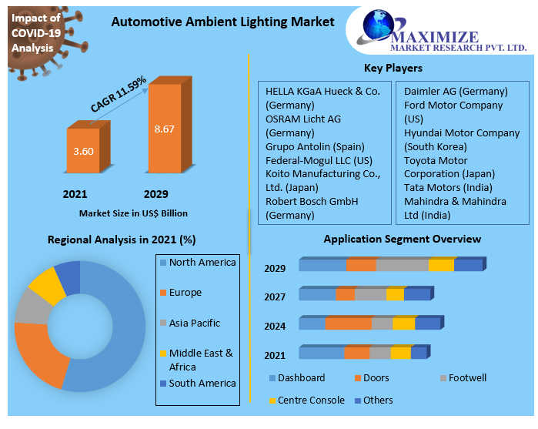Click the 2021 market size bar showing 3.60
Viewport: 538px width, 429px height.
[82, 151]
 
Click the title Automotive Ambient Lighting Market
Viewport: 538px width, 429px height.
[223, 22]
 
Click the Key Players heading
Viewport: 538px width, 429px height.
[393, 69]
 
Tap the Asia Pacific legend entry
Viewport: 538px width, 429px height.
[194, 323]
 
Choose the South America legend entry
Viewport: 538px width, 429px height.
[202, 383]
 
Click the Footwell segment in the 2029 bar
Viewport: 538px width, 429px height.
[402, 265]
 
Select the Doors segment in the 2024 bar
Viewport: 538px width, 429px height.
[348, 323]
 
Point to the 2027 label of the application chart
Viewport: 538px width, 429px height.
[275, 297]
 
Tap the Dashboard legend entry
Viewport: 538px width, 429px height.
[301, 378]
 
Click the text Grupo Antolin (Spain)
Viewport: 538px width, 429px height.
[315, 146]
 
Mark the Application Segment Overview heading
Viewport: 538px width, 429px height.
[402, 239]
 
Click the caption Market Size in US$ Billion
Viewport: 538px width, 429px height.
[133, 213]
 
